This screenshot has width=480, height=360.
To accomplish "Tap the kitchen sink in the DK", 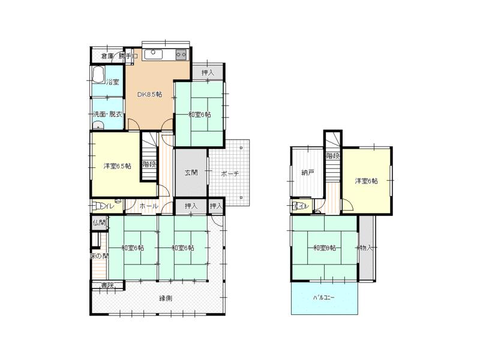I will click(x=154, y=53).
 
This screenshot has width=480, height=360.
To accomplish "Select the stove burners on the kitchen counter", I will click(x=181, y=54).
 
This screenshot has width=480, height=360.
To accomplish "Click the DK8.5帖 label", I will click(x=149, y=94).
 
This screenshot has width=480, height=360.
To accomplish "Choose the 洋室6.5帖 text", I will click(x=116, y=166).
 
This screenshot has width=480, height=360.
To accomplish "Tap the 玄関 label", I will click(x=191, y=173).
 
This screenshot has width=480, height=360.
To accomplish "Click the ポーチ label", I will click(x=230, y=173).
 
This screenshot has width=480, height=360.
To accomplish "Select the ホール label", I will click(x=149, y=206).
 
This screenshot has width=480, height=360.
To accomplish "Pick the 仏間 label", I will click(x=99, y=223).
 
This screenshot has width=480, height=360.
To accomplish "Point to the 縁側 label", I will click(x=166, y=298).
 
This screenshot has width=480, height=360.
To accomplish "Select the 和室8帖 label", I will click(x=324, y=247).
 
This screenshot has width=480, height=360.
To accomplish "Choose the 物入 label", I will click(x=366, y=247).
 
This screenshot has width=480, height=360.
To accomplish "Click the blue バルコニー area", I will click(x=324, y=298).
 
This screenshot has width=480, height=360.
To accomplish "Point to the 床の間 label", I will click(x=99, y=256).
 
